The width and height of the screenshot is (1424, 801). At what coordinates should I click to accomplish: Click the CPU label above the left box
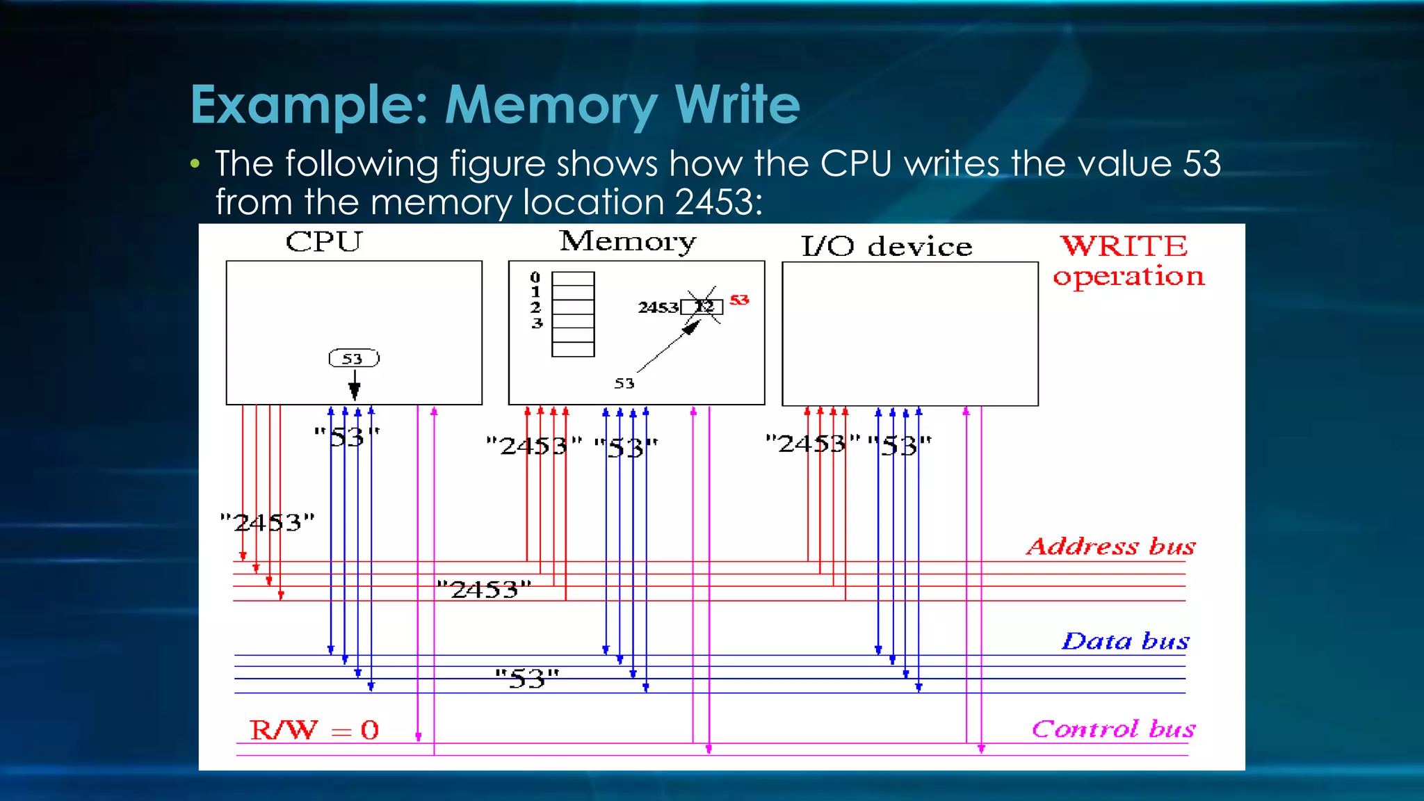324,242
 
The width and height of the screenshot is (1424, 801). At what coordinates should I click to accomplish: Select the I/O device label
887,247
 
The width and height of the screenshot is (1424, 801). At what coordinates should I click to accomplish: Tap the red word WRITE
1124,246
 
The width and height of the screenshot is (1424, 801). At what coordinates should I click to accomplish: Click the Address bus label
1110,547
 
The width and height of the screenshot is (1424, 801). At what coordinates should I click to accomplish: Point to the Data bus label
1125,641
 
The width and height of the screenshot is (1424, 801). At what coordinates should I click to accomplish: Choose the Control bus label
1113,729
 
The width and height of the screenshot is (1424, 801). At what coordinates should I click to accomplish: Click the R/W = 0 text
314,730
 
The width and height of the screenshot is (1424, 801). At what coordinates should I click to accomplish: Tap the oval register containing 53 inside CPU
354,359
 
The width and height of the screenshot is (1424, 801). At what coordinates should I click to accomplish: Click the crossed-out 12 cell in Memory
703,307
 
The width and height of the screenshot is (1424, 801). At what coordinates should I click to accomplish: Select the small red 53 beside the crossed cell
739,300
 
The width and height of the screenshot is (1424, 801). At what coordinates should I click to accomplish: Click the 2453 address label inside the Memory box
658,307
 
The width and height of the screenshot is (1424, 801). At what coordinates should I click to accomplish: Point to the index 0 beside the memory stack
535,277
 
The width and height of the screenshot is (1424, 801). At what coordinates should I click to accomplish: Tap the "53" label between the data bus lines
527,679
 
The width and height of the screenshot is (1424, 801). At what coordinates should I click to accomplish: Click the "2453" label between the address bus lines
484,590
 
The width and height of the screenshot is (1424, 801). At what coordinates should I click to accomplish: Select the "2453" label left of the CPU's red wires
268,522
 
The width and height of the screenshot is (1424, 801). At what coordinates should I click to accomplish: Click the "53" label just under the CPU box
346,437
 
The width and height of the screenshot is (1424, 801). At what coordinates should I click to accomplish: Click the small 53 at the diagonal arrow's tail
624,384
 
